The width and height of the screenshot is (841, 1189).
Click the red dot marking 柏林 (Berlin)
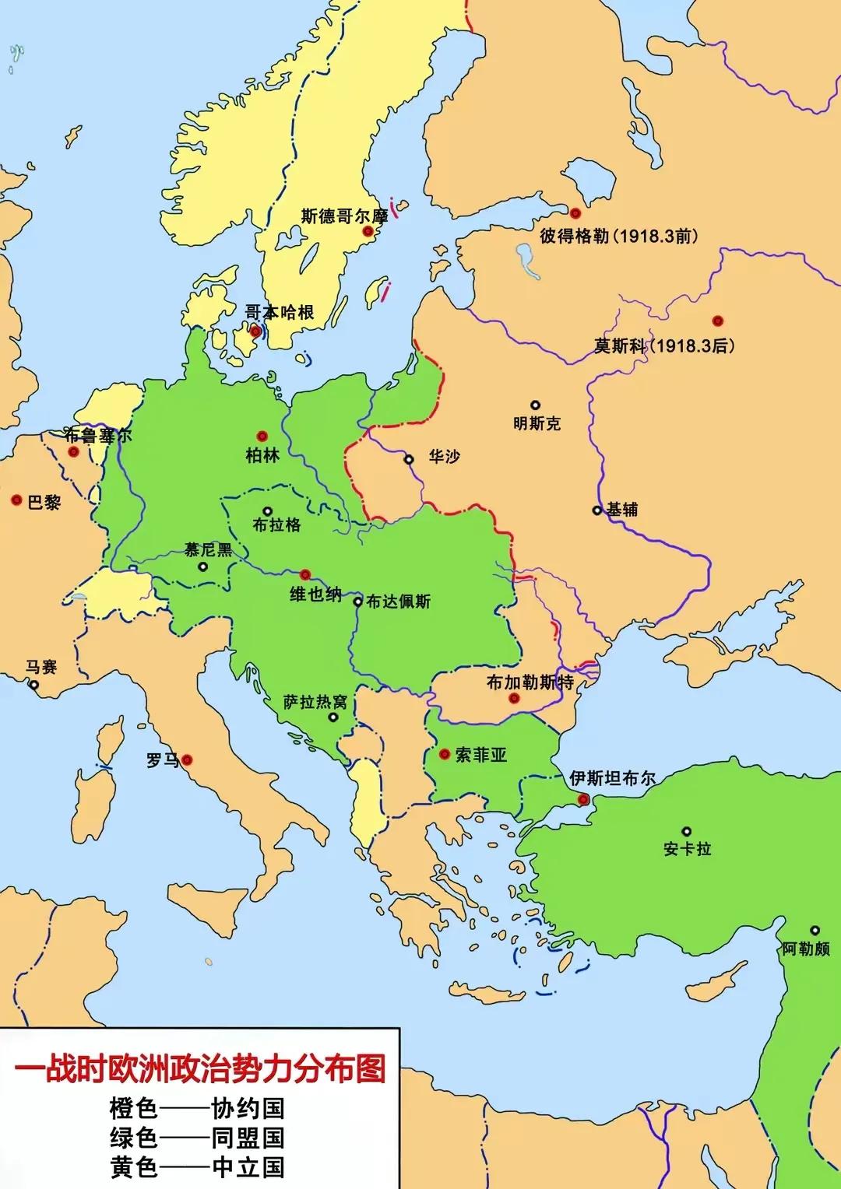[262, 437]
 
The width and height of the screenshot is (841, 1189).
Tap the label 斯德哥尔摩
[344, 216]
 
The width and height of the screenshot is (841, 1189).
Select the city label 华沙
[444, 457]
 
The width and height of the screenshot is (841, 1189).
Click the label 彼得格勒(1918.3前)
[619, 235]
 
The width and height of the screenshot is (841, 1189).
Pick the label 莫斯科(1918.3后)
[664, 345]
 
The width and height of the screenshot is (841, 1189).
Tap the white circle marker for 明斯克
[536, 405]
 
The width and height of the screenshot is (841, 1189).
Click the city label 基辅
[622, 510]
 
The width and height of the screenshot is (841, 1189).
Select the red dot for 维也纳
[305, 574]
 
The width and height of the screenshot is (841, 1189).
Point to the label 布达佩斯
[398, 602]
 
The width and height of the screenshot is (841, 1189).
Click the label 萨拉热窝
[315, 702]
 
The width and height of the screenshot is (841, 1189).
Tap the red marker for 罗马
[187, 759]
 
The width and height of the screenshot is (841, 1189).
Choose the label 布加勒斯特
[530, 682]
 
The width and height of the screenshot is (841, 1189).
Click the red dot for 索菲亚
[444, 754]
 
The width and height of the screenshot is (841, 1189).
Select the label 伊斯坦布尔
[612, 778]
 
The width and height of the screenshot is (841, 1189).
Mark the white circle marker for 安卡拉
[686, 831]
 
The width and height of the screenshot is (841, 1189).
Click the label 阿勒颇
[806, 949]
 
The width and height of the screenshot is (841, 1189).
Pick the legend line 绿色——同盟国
[197, 1138]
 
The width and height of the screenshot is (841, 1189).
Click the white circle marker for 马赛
[33, 685]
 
